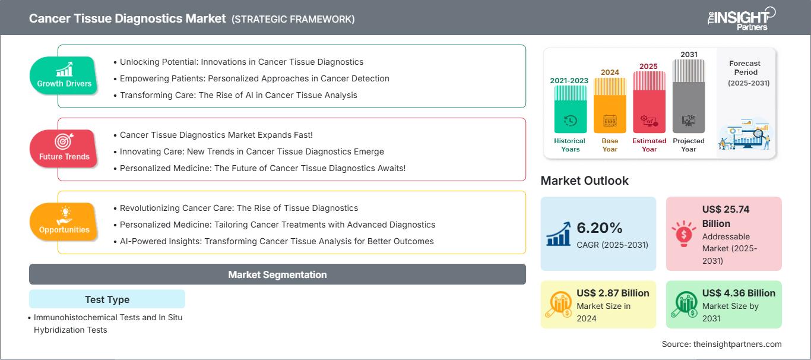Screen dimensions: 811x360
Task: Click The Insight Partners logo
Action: point(741,18)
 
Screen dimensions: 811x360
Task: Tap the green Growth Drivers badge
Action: point(64,75)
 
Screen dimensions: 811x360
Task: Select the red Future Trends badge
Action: point(64,149)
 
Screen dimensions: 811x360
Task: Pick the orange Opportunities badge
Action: point(64,222)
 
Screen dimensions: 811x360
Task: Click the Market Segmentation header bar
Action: point(277,274)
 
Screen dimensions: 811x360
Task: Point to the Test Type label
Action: point(107,299)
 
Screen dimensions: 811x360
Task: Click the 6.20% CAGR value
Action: point(599,228)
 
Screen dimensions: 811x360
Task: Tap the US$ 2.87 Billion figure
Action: point(613,293)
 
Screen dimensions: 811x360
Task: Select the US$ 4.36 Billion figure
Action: point(739,293)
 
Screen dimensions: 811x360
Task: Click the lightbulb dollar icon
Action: point(683,233)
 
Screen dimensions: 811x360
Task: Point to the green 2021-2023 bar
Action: point(570,109)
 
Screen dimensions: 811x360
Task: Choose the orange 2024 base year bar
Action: point(610,105)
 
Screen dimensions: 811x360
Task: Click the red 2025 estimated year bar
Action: point(649,102)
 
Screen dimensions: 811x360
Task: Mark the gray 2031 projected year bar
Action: point(689,96)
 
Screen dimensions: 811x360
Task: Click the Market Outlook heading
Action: point(584,181)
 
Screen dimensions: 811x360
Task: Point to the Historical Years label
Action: point(570,145)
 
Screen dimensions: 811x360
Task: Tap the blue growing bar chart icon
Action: point(559,233)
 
